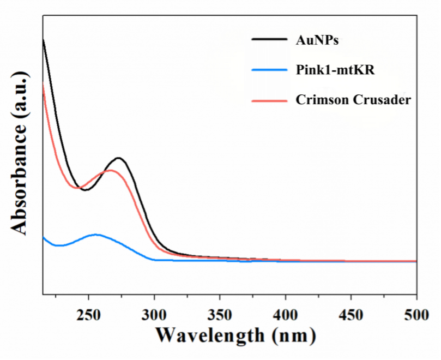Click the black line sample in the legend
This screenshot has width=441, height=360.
(x=269, y=39)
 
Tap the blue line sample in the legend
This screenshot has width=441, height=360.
(x=269, y=70)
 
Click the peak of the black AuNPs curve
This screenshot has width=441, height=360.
(x=118, y=158)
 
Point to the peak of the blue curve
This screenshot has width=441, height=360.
(x=96, y=235)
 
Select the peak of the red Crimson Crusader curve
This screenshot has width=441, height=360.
(x=111, y=170)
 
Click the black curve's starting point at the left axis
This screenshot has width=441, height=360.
(x=43, y=40)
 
